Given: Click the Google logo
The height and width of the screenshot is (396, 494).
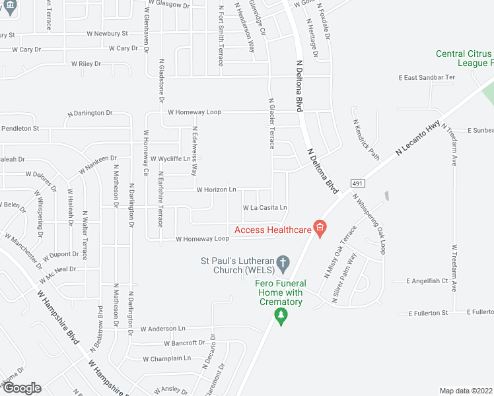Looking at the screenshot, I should pos(21,388).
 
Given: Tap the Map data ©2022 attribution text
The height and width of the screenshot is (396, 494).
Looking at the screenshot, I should pos(466,391).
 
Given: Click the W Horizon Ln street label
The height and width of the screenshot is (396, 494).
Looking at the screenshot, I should pos(216,189).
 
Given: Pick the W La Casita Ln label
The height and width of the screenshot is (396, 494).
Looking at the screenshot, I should pos(265,208).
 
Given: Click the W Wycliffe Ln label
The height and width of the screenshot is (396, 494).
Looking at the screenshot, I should pos(170,159).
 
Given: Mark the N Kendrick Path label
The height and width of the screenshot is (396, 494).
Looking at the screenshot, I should pos(367,139).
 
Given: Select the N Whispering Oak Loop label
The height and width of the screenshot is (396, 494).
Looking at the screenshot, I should pos(369,223).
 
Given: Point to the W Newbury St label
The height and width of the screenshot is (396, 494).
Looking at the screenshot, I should pos(106,33).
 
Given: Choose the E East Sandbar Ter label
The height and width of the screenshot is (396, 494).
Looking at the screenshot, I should pos(427,77).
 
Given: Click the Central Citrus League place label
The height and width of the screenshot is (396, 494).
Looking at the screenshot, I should pos(464,58).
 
